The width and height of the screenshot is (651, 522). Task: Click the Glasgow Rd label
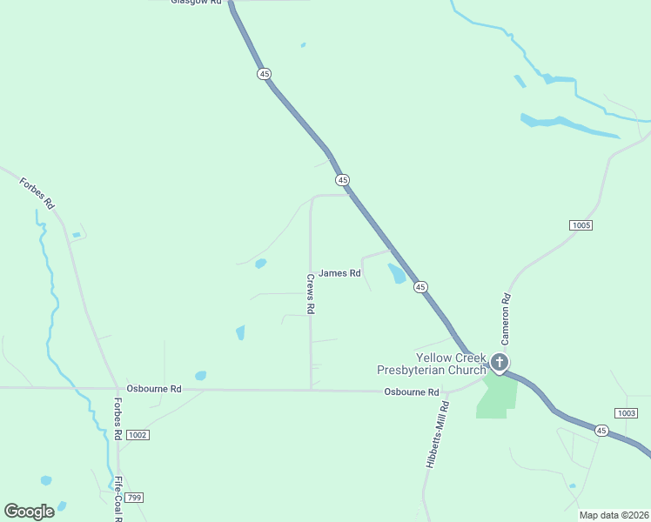(196, 3)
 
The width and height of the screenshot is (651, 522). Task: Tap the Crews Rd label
(310, 294)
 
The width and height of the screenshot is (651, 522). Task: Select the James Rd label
(339, 273)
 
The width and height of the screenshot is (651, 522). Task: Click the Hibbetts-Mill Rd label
(437, 435)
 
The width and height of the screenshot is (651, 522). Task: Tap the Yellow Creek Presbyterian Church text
(431, 364)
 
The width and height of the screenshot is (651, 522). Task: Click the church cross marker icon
(500, 362)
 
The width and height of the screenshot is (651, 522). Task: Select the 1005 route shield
(581, 225)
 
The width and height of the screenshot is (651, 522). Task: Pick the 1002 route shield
(137, 434)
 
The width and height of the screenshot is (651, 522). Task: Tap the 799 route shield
(132, 497)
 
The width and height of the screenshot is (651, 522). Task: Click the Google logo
(29, 512)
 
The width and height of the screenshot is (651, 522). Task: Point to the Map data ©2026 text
(614, 515)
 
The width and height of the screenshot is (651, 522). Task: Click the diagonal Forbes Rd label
(37, 192)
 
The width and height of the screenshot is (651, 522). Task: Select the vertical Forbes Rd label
(117, 419)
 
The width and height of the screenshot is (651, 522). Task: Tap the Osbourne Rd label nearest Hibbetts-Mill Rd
(412, 392)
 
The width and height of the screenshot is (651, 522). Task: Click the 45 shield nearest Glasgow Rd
(264, 74)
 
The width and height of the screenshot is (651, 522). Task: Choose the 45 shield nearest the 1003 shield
(601, 431)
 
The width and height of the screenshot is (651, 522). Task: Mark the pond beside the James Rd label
(396, 274)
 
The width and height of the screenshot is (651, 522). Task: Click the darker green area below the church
(497, 397)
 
